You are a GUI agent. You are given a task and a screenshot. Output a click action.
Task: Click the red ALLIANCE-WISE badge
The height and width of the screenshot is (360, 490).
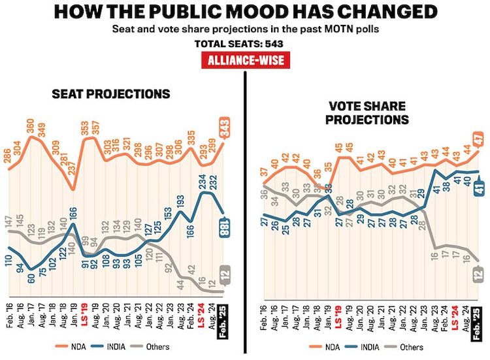pos(244,60)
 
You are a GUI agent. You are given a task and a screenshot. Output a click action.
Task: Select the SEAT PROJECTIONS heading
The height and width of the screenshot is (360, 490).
pos(111,94)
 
